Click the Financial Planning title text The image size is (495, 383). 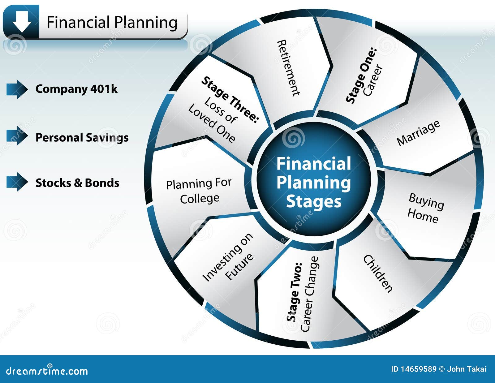(x=112, y=23)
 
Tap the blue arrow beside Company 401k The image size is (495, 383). (x=17, y=89)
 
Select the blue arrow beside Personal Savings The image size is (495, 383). (x=17, y=136)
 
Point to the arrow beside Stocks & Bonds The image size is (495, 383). (x=17, y=182)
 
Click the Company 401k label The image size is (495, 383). (x=76, y=89)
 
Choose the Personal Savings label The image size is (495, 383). (x=82, y=138)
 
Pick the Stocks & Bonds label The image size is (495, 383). (x=77, y=183)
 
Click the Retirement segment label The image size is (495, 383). (x=288, y=68)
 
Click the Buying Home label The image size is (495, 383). (x=425, y=208)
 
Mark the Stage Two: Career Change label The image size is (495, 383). (x=303, y=294)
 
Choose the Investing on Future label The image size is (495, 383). (x=228, y=257)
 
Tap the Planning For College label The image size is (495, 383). (x=199, y=191)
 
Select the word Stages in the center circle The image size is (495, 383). (x=314, y=201)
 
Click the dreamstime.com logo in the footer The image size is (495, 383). (x=47, y=370)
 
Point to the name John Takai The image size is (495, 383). (x=467, y=369)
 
